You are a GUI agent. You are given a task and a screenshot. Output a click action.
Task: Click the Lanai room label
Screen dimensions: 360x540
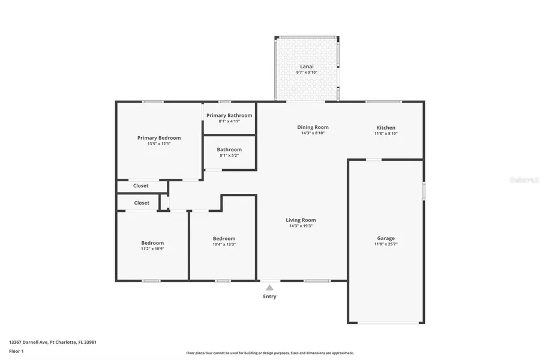click(307, 67)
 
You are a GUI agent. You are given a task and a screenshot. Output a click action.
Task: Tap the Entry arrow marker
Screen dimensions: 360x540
click(270, 287)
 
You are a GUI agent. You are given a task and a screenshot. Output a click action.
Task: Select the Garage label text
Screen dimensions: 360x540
click(385, 238)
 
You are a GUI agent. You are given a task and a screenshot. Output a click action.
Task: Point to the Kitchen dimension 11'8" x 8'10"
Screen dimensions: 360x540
click(386, 133)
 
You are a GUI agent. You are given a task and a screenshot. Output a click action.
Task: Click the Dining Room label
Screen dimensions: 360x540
click(313, 127)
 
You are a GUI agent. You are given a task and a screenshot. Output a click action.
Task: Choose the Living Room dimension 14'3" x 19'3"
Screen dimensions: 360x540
click(301, 226)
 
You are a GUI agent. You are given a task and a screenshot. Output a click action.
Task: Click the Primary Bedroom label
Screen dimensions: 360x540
click(159, 138)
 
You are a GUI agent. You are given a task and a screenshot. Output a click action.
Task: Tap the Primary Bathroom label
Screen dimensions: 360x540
click(229, 115)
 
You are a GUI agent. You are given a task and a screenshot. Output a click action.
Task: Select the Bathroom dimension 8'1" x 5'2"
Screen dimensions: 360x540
click(229, 155)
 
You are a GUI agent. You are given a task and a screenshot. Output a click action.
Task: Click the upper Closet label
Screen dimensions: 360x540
click(141, 186)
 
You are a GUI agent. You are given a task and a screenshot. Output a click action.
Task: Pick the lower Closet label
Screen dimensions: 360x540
click(142, 203)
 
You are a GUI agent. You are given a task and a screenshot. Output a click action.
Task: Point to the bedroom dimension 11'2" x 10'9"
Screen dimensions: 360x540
click(152, 248)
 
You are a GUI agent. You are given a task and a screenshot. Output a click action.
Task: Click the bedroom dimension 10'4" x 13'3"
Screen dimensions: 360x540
click(224, 244)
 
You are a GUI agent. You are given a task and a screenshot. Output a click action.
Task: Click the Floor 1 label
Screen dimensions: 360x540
click(16, 351)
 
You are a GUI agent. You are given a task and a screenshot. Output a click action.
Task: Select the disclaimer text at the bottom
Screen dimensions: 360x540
click(270, 353)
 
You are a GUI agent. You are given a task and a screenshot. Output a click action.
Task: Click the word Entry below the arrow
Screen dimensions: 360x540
click(270, 296)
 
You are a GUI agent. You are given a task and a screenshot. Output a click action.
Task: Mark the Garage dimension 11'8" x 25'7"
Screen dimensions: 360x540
click(385, 244)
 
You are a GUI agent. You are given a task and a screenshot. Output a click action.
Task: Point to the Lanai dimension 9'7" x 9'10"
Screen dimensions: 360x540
click(307, 73)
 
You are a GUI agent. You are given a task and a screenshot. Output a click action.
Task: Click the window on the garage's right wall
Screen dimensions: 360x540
click(424, 191)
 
